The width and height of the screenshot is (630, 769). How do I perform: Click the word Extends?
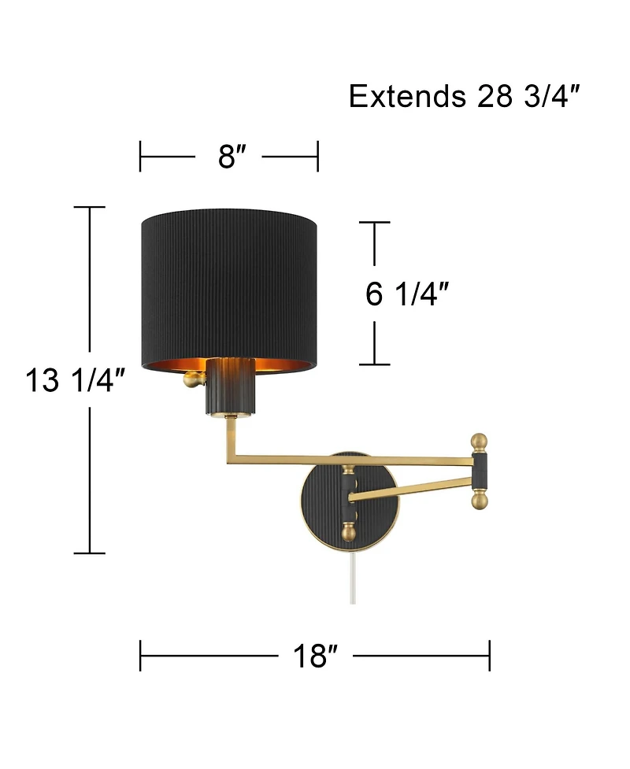(407, 97)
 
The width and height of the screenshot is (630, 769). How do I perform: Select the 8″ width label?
(228, 157)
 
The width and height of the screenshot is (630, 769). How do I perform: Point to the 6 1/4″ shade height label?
(407, 294)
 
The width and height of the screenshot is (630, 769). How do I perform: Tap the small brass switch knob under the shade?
(191, 380)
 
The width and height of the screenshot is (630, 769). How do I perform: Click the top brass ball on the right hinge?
(480, 442)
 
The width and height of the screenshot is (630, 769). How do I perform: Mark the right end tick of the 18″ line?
(489, 655)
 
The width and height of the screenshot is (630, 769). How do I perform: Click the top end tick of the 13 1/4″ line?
(90, 207)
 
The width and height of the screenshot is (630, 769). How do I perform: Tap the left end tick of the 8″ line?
(140, 157)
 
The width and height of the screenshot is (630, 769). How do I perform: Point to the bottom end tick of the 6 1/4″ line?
(375, 364)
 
